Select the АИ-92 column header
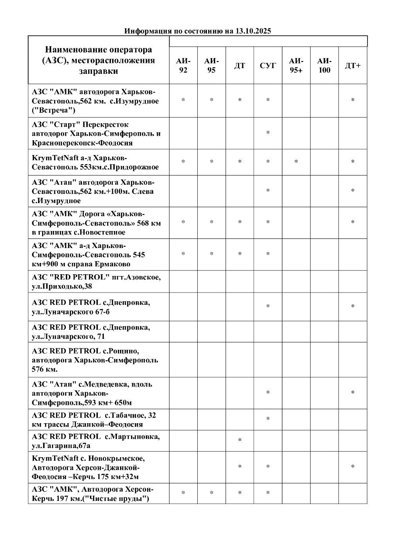(x=183, y=66)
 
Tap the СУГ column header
(x=268, y=66)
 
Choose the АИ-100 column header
(x=324, y=66)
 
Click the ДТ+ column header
(x=353, y=66)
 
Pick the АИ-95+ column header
(x=296, y=66)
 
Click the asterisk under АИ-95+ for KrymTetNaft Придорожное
(x=296, y=162)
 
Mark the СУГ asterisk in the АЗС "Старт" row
(x=268, y=133)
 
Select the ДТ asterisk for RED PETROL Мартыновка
(x=240, y=440)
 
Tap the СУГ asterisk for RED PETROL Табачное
(x=268, y=419)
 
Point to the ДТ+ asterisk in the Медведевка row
(x=353, y=393)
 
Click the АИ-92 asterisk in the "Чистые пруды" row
(x=183, y=493)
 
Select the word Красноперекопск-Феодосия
(x=82, y=143)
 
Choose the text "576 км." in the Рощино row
(x=45, y=369)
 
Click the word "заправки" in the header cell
(x=99, y=71)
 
